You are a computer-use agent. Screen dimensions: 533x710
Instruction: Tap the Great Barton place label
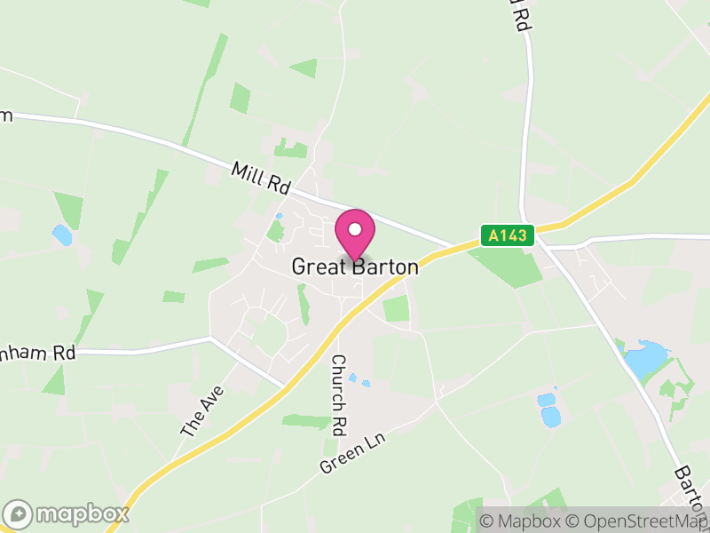[355, 266]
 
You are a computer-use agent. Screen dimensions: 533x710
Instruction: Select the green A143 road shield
[509, 235]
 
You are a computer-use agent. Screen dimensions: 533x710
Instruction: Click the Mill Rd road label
[261, 178]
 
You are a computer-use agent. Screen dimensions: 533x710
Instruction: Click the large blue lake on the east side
[645, 357]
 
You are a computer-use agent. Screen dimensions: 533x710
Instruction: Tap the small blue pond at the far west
[62, 235]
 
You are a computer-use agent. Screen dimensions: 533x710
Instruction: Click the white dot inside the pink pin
[355, 229]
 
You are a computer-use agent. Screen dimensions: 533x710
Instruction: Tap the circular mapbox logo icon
[19, 513]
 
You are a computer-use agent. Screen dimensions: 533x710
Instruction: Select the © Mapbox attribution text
[520, 521]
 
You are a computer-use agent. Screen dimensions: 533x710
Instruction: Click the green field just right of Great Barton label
[397, 308]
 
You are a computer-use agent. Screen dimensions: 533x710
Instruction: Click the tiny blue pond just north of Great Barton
[279, 216]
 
